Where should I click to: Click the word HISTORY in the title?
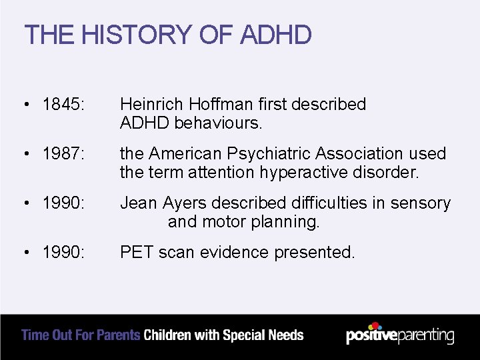[127, 35]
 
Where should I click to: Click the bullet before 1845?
[25, 105]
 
